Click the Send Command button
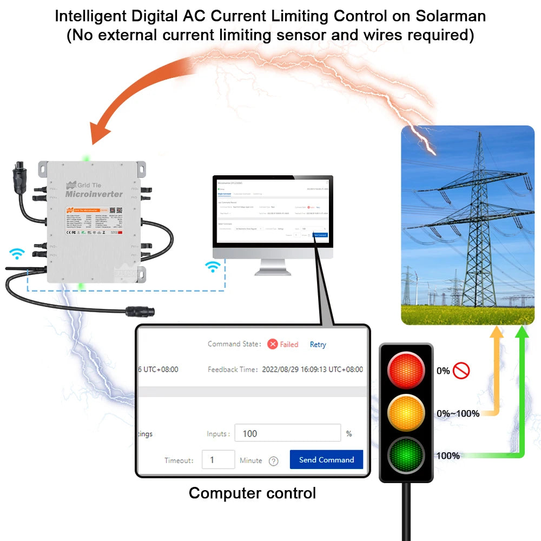point(326,460)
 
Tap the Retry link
point(318,345)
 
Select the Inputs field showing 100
point(287,433)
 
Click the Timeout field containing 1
point(218,460)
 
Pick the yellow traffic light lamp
point(406,413)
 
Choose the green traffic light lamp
point(406,455)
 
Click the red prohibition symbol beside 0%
point(461,371)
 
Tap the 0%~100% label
point(458,414)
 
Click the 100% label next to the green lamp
point(448,456)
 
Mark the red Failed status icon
point(273,344)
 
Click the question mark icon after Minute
point(274,461)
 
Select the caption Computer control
point(252,493)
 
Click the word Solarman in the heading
point(451,16)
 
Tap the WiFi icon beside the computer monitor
point(214,266)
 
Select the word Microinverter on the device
point(94,194)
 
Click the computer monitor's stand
point(273,267)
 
